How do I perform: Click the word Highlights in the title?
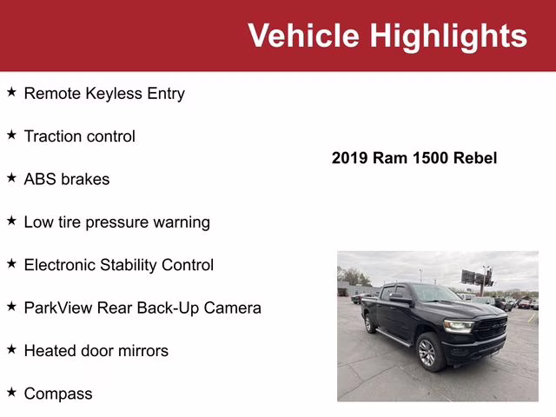[x=448, y=36]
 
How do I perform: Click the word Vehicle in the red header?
[x=304, y=36]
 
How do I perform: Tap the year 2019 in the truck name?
[x=350, y=158]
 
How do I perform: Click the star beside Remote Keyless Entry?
[x=11, y=92]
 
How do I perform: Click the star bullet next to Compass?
[x=11, y=393]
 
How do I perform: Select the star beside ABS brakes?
[x=11, y=178]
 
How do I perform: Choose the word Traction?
[x=55, y=136]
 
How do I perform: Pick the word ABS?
[x=40, y=179]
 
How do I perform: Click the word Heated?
[x=51, y=351]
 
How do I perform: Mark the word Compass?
[x=58, y=394]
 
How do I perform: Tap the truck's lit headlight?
[x=459, y=327]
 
